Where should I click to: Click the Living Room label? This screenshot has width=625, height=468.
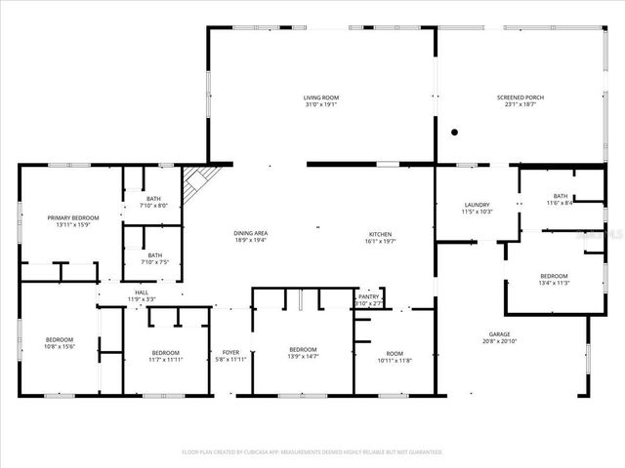click(319, 97)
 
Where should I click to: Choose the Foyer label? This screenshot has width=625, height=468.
click(230, 352)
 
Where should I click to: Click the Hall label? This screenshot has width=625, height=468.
click(142, 292)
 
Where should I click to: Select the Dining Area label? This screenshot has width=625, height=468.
click(251, 233)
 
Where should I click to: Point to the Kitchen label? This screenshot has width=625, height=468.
click(381, 233)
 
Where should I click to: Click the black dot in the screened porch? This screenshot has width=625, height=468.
click(454, 132)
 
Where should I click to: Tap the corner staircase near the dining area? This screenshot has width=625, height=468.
click(203, 178)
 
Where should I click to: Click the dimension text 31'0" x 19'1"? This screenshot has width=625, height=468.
click(319, 104)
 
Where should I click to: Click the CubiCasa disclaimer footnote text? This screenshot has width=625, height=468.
click(312, 452)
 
